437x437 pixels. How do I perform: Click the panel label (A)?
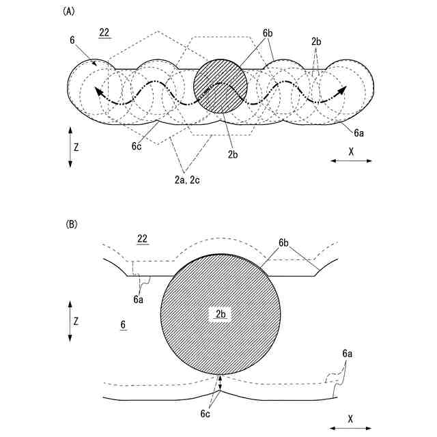coord(68,11)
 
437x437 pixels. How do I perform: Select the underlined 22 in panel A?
coord(104,33)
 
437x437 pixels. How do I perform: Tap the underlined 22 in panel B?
coord(142,238)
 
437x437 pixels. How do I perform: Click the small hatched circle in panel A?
coord(220,87)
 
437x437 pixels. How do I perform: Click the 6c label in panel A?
coord(137,144)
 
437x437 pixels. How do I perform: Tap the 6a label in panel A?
coord(358,134)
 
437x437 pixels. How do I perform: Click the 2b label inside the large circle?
coord(220,313)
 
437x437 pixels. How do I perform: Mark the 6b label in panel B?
coord(285,242)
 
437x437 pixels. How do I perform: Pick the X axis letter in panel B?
coord(351,418)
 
